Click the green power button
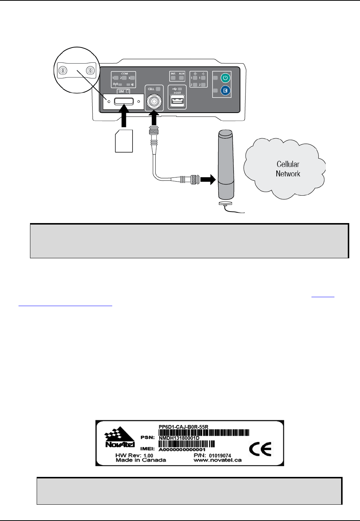click(226, 78)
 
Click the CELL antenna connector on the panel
click(154, 101)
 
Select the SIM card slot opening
click(124, 101)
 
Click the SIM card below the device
click(124, 141)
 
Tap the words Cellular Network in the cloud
click(288, 169)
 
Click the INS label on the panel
click(173, 74)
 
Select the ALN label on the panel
click(181, 74)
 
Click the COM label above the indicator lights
click(124, 74)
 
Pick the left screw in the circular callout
click(63, 70)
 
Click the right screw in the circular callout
click(89, 70)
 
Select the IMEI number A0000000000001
click(182, 449)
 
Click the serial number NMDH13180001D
click(179, 438)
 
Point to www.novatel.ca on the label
click(217, 460)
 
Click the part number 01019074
click(220, 455)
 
